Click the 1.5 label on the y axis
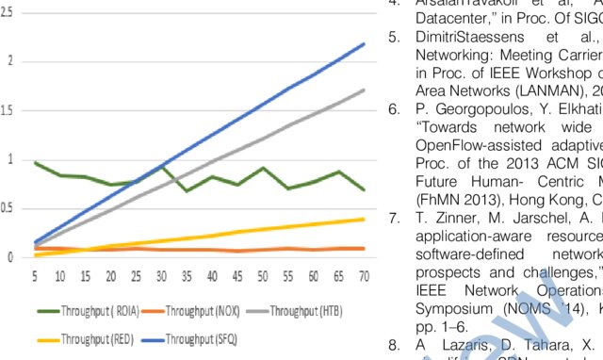(x=10, y=110)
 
